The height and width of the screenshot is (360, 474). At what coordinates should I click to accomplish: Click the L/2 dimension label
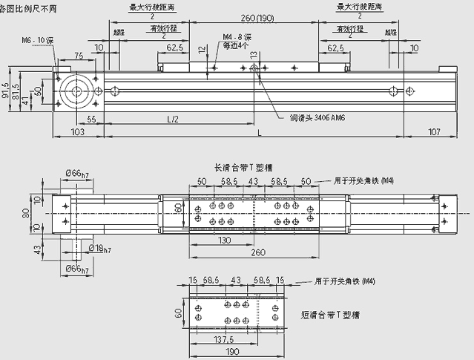pyautogui.click(x=173, y=119)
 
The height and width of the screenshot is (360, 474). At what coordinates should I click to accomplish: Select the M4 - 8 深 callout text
pyautogui.click(x=237, y=39)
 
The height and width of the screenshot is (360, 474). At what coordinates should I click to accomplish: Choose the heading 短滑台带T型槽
pyautogui.click(x=329, y=315)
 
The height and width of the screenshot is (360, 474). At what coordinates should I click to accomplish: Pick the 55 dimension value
pyautogui.click(x=91, y=119)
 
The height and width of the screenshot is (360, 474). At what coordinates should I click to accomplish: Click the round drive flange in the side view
pyautogui.click(x=76, y=91)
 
